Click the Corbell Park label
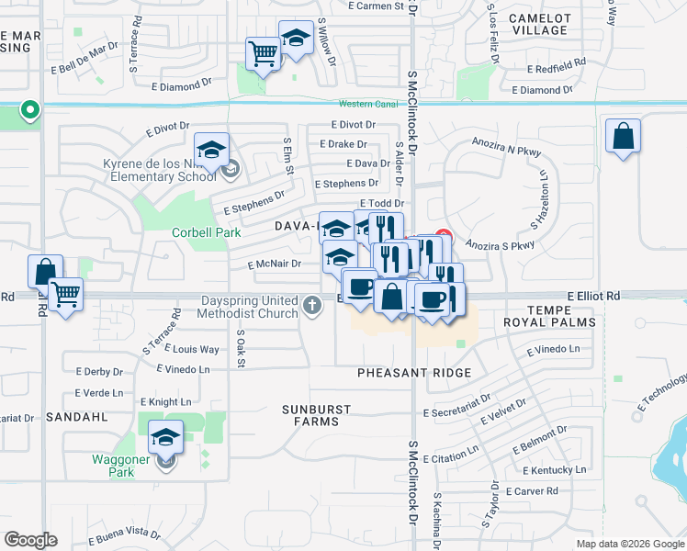tap(207, 232)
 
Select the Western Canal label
tap(366, 104)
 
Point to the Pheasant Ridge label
tap(414, 373)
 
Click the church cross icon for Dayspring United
tap(312, 305)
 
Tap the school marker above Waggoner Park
tap(165, 436)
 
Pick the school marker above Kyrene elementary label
tap(211, 150)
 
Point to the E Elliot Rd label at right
tap(593, 297)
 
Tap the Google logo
tap(30, 540)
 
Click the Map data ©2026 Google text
tap(629, 544)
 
